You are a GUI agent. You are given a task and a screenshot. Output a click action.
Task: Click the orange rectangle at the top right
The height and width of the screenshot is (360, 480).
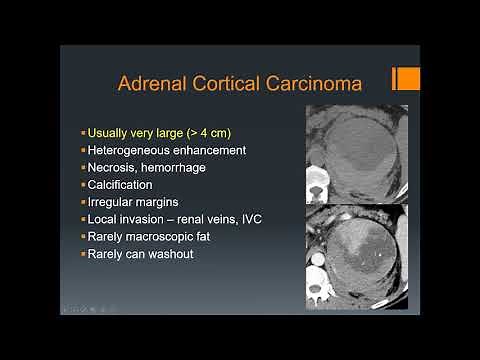pos(406,79)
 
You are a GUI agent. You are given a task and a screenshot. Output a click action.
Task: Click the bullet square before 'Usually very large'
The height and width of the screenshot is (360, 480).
pos(83,132)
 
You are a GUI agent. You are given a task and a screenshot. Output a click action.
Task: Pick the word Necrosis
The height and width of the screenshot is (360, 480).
pos(113,167)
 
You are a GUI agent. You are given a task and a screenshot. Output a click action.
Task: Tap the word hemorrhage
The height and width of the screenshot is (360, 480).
pos(172,167)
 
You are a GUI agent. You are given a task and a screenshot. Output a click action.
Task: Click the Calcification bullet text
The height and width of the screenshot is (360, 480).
pos(120,185)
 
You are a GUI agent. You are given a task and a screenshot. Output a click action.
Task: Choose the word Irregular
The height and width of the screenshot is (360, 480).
pos(112,203)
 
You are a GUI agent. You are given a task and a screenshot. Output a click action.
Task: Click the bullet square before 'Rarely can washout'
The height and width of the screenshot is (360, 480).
pos(83,258)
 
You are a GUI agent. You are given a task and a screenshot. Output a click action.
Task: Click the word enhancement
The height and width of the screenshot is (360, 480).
pos(203,149)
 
